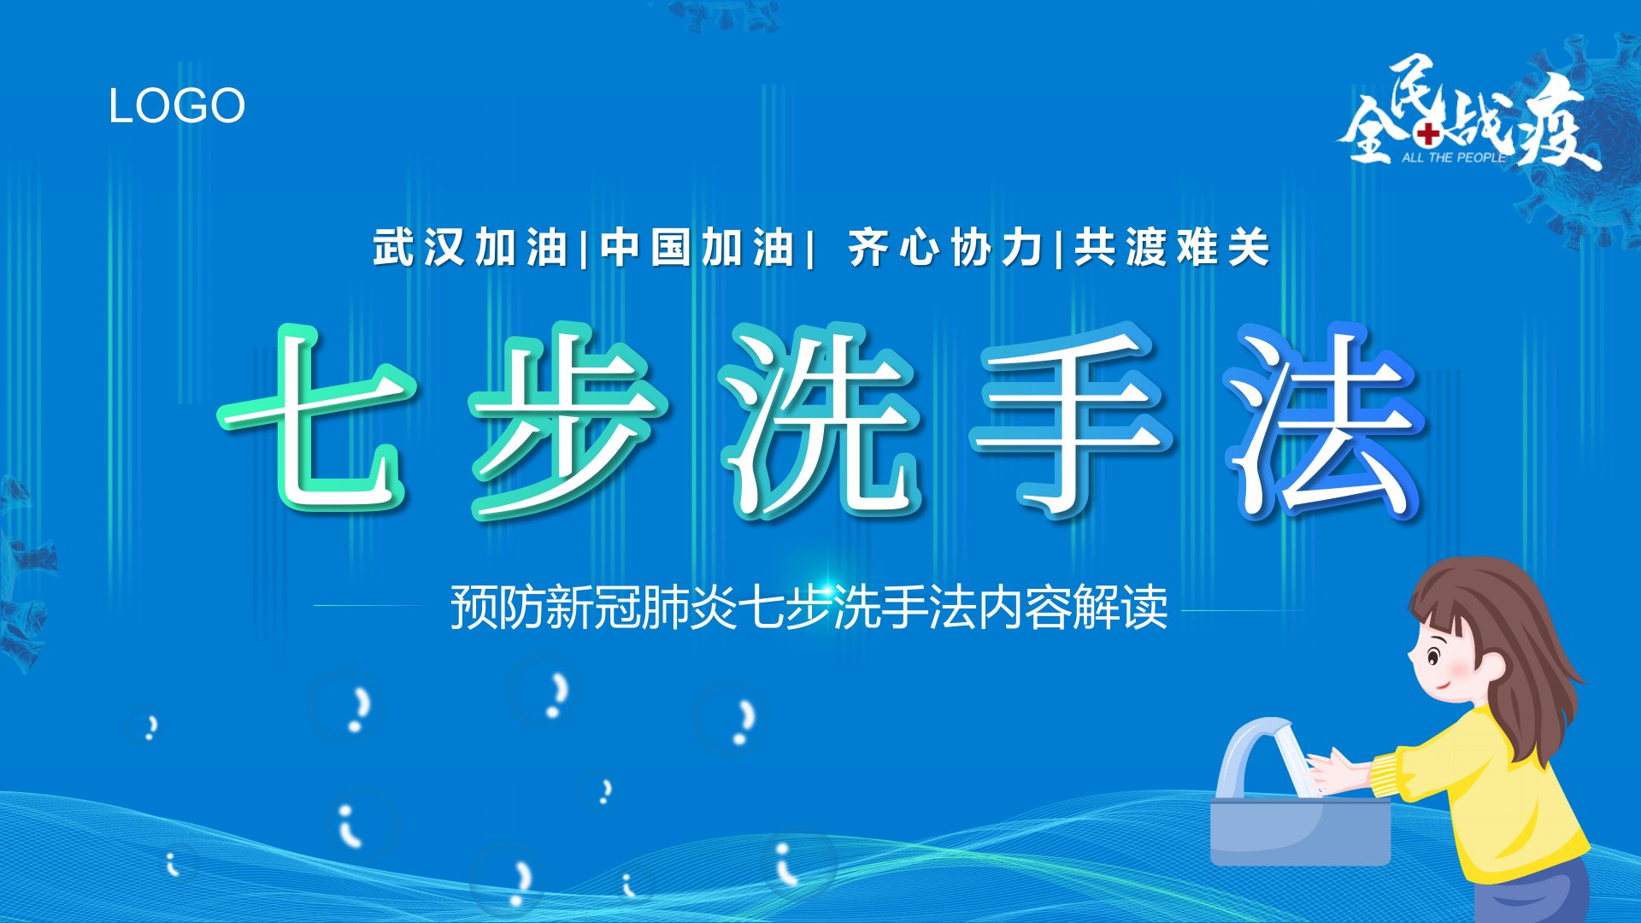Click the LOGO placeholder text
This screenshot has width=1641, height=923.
click(x=177, y=106)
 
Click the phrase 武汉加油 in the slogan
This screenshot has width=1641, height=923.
click(x=471, y=248)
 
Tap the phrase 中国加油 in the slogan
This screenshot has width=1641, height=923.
click(x=697, y=248)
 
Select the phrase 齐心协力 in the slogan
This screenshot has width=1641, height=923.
click(x=946, y=248)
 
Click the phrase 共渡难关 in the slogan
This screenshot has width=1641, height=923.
click(x=1173, y=248)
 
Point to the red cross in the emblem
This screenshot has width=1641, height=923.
click(x=1428, y=133)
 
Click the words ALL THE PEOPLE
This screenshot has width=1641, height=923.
click(x=1453, y=157)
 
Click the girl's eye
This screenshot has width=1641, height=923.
click(x=1434, y=657)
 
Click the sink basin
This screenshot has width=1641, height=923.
click(x=1300, y=830)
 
